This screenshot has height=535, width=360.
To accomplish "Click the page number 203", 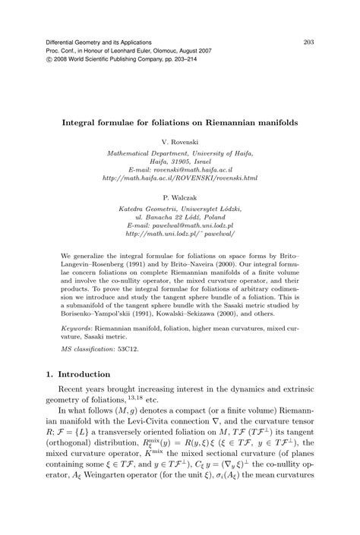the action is pos(309,41).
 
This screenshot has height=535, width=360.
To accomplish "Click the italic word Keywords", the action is pos(77,329).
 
